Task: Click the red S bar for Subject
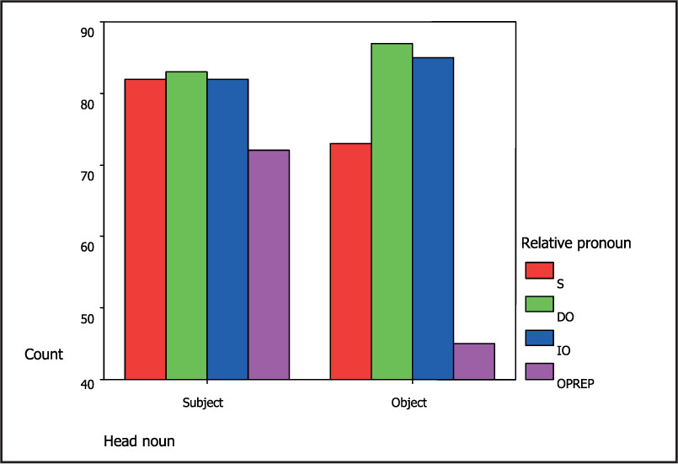(x=145, y=229)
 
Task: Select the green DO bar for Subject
(x=186, y=226)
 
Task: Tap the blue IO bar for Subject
(x=227, y=229)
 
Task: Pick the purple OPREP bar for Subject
(x=269, y=264)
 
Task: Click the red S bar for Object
(x=350, y=261)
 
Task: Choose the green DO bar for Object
(x=392, y=211)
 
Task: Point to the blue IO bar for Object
(x=433, y=218)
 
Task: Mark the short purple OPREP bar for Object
(x=474, y=361)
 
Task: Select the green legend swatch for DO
(x=539, y=303)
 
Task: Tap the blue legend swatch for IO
(x=539, y=337)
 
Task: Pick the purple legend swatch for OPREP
(x=539, y=371)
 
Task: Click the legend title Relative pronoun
(x=576, y=243)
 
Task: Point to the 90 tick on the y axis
(x=88, y=32)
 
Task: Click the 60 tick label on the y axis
(x=88, y=237)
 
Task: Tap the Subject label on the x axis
(x=203, y=403)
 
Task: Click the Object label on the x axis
(x=409, y=403)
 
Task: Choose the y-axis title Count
(x=44, y=355)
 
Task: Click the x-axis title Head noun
(x=139, y=440)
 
